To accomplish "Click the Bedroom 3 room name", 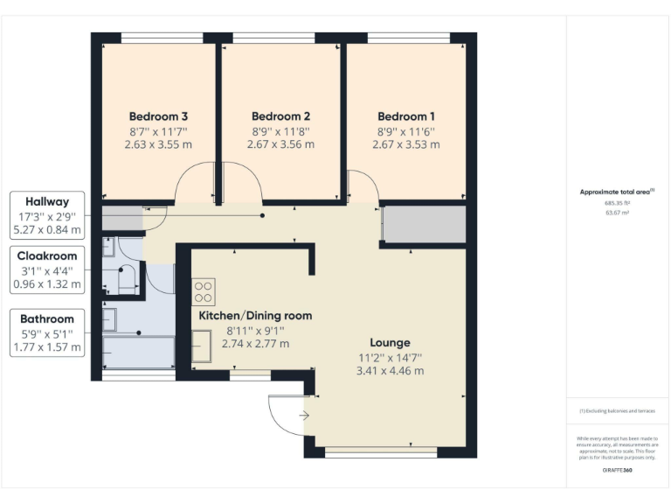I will tap(159, 115).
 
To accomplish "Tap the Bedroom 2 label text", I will tap(280, 115).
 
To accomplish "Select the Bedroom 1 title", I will tap(406, 115).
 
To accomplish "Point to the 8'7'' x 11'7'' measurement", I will tap(159, 130).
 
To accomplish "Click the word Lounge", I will tap(390, 342).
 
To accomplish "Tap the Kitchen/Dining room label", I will tap(255, 315).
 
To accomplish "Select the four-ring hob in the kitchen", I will tap(204, 291).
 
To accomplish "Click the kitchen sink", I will tap(202, 345).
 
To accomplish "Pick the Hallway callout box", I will tap(47, 216).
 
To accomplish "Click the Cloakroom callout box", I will tap(47, 269).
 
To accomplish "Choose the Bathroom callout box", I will tap(47, 332).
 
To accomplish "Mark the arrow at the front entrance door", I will tap(304, 416).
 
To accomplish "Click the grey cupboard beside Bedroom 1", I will tap(425, 225).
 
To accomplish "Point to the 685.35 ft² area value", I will tap(618, 201).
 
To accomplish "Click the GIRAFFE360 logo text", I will tap(617, 470).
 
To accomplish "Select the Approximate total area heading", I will tap(617, 191).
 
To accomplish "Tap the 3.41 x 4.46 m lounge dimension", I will tap(390, 371).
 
